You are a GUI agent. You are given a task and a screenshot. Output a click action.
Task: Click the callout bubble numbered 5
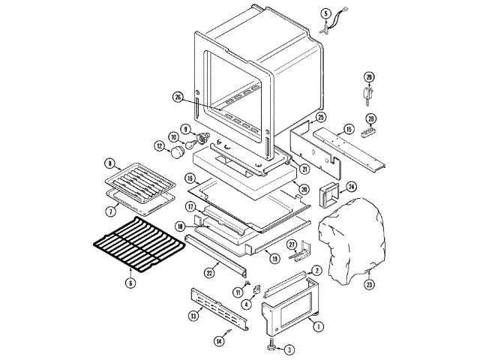[325, 13]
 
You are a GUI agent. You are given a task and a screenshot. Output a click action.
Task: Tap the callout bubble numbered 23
[369, 284]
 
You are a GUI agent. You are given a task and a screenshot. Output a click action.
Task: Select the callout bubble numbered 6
[130, 283]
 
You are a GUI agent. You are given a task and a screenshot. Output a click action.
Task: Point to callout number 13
[193, 316]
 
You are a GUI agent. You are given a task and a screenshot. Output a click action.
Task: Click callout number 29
[369, 77]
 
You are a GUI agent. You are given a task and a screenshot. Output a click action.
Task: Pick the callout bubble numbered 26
[178, 96]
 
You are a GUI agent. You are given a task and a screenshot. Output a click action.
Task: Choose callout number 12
[158, 145]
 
